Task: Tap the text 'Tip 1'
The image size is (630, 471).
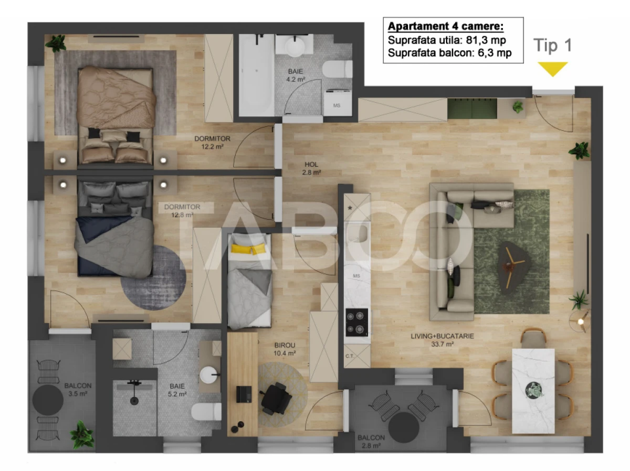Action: click(552, 46)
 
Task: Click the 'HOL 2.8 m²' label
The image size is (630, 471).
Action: click(311, 167)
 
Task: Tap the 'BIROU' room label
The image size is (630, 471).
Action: click(285, 345)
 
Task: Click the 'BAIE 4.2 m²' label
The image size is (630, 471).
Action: click(295, 76)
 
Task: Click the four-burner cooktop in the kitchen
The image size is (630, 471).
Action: click(356, 322)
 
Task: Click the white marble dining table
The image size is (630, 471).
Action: click(533, 390)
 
